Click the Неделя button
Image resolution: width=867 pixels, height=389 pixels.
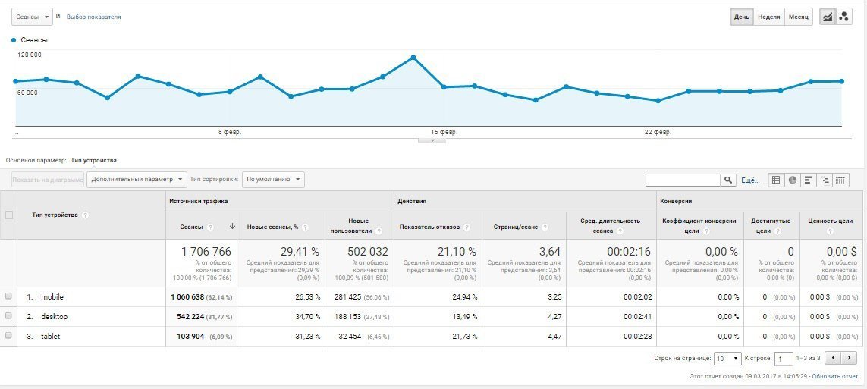(768, 17)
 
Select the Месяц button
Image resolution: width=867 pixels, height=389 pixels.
(798, 17)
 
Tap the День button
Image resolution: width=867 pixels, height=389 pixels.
(741, 17)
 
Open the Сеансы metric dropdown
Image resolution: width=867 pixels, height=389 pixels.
(32, 16)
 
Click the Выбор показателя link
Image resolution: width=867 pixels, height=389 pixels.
(93, 17)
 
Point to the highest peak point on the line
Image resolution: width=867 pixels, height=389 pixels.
(413, 57)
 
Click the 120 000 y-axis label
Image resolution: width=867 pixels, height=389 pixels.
(30, 55)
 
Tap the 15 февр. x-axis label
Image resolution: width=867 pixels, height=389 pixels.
(444, 132)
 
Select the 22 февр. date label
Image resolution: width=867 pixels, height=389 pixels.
(658, 132)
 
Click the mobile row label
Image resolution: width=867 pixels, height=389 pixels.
(52, 296)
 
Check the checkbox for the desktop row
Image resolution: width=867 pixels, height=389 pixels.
(8, 316)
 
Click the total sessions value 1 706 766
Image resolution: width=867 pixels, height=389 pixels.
(206, 251)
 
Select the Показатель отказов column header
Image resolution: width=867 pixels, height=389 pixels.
(429, 227)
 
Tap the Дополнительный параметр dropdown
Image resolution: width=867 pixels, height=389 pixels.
(137, 180)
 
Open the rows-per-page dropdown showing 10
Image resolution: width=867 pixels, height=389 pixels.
(727, 358)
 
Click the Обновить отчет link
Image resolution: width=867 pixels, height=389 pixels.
(836, 375)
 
